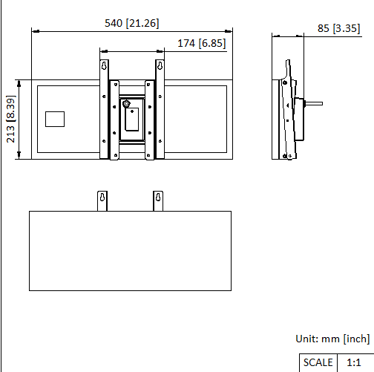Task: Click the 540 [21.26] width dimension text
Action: (132, 24)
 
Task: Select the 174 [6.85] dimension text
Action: (202, 44)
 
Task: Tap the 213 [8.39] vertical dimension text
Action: (10, 119)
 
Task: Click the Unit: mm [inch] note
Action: (332, 339)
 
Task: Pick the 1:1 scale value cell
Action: (354, 362)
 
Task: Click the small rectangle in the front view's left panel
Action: (56, 119)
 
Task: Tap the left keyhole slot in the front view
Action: (104, 67)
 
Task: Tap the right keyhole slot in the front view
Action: (159, 67)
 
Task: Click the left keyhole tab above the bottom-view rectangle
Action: (103, 200)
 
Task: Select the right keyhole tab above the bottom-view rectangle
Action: (157, 200)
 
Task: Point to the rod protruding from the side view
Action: (313, 104)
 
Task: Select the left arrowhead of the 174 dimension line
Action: (102, 51)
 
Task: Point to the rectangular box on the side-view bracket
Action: (299, 119)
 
